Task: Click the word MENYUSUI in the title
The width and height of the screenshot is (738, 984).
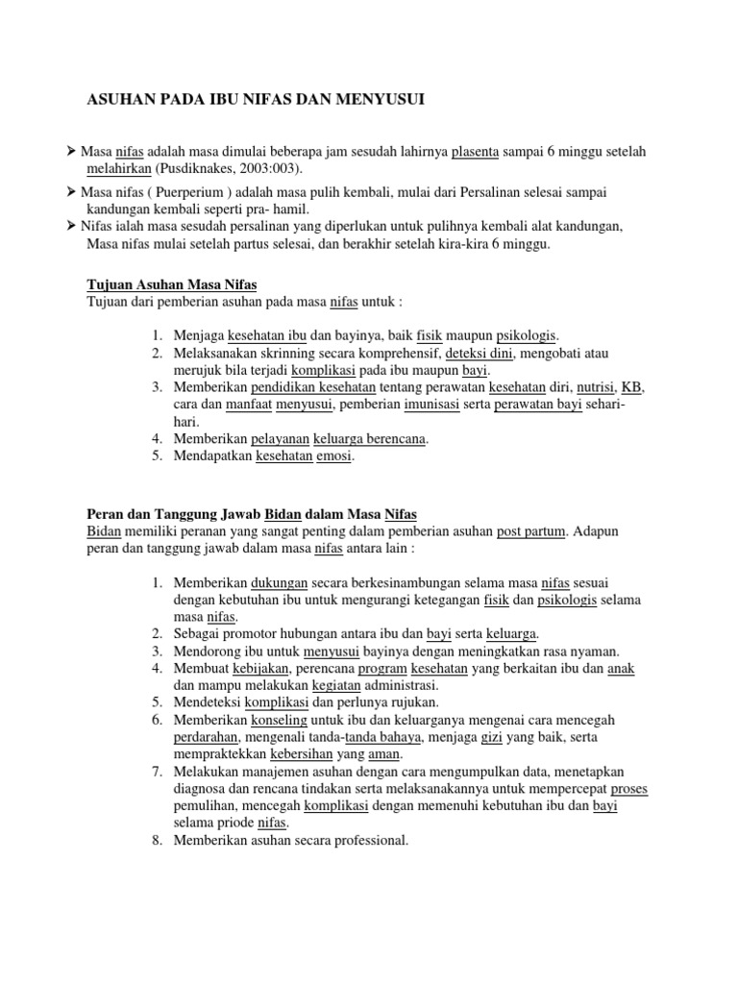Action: [377, 98]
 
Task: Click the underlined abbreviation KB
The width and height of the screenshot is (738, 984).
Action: [631, 387]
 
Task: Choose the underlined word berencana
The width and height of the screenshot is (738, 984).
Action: [391, 439]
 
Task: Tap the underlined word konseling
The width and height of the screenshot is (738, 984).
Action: [279, 720]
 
